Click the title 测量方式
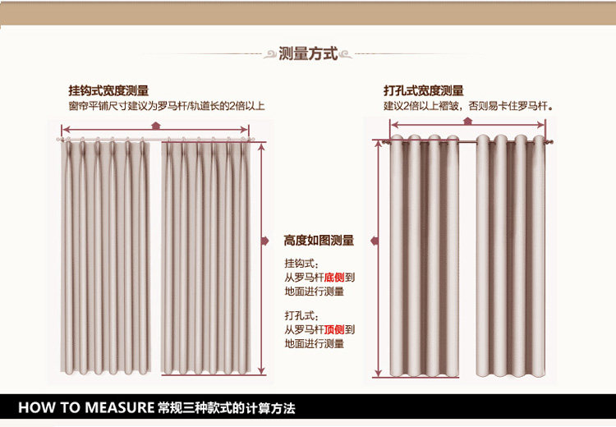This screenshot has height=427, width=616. pos(308,54)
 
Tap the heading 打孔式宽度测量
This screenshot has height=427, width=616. pos(423,91)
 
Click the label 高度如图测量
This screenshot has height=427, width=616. pos(319,241)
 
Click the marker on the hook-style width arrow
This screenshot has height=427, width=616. pos(157,124)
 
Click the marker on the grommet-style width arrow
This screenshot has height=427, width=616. pos(467,121)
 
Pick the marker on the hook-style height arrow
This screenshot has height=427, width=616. pos(264,241)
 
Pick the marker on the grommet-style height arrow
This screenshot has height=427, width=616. pos(375,241)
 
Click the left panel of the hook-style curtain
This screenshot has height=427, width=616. pos(107,255)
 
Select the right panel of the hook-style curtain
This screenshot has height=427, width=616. pos(206,255)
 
